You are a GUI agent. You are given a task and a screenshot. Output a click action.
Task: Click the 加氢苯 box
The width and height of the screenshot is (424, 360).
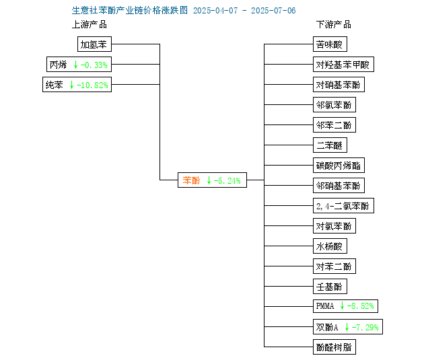94,44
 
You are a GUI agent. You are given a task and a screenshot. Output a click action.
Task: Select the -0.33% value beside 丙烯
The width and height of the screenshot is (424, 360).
94,65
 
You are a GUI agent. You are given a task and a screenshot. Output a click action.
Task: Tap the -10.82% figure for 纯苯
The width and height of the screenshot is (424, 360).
92,85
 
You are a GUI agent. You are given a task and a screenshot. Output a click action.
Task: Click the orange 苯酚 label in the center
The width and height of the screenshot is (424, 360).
191,180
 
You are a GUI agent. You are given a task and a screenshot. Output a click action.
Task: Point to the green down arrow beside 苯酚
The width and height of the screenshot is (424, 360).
209,180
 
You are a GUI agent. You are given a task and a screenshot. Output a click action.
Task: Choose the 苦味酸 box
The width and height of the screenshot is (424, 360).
330,44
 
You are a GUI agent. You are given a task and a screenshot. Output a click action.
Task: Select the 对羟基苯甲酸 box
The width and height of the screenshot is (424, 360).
343,65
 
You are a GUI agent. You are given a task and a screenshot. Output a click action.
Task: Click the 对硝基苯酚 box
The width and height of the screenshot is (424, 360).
339,85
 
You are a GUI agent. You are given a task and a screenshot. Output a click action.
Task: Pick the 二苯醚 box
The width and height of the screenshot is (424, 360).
330,145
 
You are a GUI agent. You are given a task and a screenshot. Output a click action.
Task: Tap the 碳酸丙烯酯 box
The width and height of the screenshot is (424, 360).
339,165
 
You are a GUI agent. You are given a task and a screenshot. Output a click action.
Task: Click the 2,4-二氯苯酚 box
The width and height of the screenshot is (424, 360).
343,206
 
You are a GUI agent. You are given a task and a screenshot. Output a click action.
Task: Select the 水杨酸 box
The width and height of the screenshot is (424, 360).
330,246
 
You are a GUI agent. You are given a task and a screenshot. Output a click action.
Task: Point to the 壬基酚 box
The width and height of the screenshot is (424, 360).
330,286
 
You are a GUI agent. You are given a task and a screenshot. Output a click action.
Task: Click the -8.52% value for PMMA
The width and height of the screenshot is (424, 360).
361,306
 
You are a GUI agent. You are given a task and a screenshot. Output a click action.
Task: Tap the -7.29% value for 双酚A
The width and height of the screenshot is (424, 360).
365,327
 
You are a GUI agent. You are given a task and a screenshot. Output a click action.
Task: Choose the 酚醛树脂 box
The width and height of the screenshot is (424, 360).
334,347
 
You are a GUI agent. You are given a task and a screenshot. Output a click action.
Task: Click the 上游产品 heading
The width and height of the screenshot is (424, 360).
90,25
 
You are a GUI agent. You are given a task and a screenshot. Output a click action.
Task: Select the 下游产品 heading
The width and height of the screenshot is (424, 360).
334,25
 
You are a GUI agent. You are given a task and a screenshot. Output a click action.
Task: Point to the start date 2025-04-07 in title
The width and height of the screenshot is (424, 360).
215,11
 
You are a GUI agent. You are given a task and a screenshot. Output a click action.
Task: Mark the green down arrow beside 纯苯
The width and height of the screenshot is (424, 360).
71,85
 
